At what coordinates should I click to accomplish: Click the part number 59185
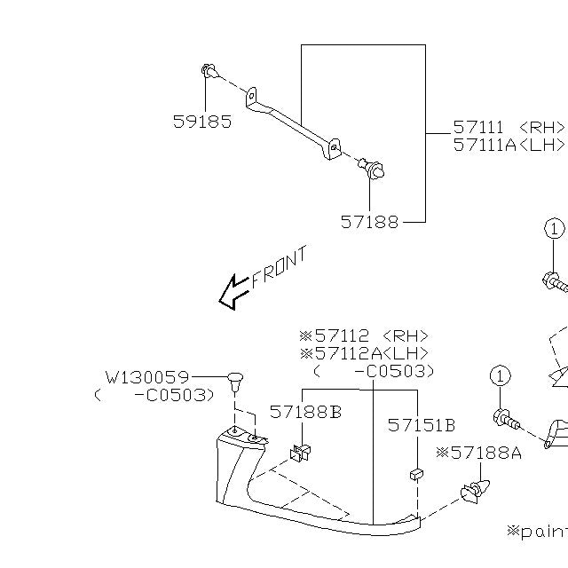pyautogui.click(x=201, y=122)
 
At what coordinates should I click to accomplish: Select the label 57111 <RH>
pyautogui.click(x=509, y=128)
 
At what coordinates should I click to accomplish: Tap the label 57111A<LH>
pyautogui.click(x=509, y=145)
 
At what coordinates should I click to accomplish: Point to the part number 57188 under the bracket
pyautogui.click(x=369, y=222)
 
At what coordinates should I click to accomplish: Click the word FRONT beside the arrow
pyautogui.click(x=280, y=266)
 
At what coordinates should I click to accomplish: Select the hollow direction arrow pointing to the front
pyautogui.click(x=233, y=292)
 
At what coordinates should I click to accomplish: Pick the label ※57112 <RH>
pyautogui.click(x=364, y=336)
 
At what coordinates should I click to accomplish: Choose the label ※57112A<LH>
pyautogui.click(x=364, y=353)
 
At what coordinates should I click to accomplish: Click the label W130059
pyautogui.click(x=146, y=377)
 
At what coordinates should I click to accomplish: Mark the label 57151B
pyautogui.click(x=421, y=425)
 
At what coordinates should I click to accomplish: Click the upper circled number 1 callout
pyautogui.click(x=554, y=229)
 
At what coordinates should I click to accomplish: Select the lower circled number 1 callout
pyautogui.click(x=500, y=376)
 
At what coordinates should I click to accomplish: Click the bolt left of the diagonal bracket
pyautogui.click(x=209, y=70)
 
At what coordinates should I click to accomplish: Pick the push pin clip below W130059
pyautogui.click(x=235, y=382)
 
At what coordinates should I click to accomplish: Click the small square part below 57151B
pyautogui.click(x=415, y=475)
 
